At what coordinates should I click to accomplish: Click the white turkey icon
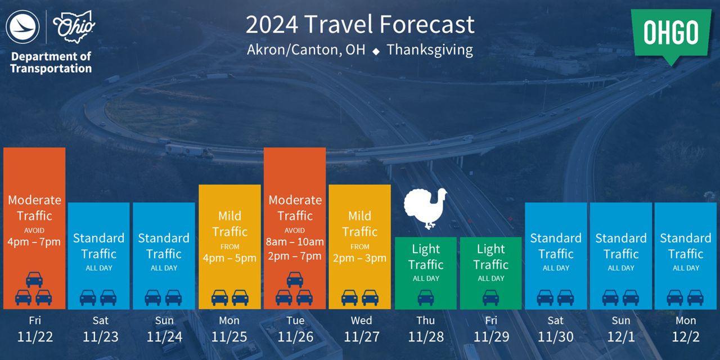(425, 208)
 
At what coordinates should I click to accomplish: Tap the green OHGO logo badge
(671, 36)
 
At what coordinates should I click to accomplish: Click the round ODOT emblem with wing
(23, 27)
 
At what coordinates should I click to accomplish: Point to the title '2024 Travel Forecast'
(360, 24)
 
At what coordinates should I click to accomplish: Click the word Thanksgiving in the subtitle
(430, 50)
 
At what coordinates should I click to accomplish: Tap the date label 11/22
(35, 337)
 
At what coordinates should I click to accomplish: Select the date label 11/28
(426, 337)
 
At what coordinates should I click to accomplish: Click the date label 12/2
(686, 337)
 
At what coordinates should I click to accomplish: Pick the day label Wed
(361, 321)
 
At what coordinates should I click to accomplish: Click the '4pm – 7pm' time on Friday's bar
(34, 242)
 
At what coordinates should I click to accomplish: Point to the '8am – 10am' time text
(295, 242)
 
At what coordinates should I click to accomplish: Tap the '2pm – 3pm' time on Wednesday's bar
(359, 258)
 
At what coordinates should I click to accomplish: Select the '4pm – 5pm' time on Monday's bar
(229, 258)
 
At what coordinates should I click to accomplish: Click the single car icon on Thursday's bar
(426, 298)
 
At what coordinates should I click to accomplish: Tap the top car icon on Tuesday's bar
(295, 280)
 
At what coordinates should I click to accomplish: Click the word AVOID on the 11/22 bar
(34, 231)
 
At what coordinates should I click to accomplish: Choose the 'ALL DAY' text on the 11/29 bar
(491, 278)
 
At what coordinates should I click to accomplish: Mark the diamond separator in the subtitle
(376, 51)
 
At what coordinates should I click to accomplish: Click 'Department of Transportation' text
(51, 62)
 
